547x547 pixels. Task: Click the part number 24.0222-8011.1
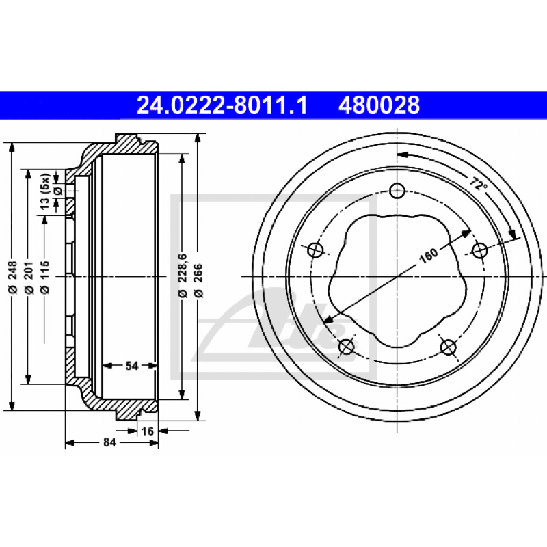(222, 105)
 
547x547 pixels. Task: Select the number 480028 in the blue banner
(379, 105)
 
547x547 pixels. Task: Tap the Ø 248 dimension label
(12, 277)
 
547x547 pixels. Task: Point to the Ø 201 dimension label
(29, 277)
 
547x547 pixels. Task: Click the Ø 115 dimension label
(44, 277)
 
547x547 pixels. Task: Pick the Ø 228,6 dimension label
(183, 276)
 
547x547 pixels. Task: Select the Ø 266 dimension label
(198, 281)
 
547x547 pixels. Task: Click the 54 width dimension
(132, 366)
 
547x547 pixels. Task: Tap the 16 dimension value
(148, 431)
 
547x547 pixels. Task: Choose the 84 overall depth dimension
(109, 442)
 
